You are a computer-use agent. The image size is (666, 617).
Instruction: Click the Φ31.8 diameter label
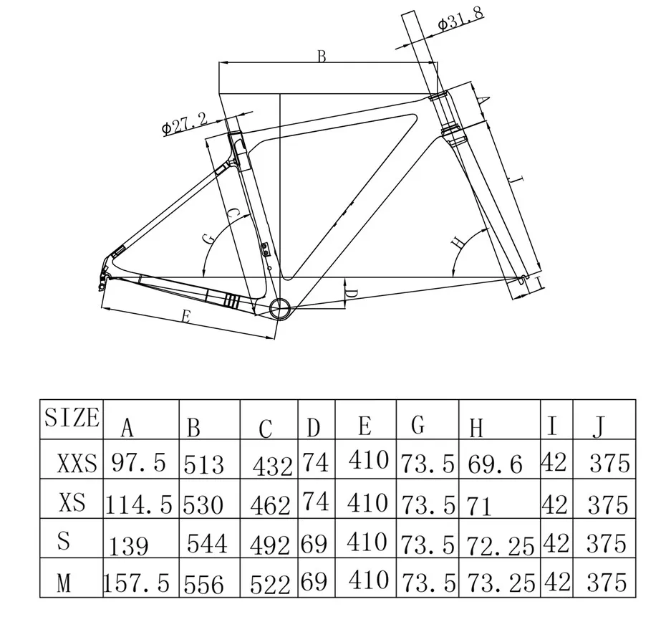460,18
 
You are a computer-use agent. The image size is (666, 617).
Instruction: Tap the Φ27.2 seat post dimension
185,124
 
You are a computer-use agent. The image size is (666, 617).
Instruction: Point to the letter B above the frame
322,56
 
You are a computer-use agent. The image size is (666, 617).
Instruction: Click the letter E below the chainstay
185,316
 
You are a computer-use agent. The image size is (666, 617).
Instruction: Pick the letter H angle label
458,242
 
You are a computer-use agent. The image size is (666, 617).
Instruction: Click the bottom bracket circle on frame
280,308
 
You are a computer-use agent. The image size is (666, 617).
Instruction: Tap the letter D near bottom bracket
352,293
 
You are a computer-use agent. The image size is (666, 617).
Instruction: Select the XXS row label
77,463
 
